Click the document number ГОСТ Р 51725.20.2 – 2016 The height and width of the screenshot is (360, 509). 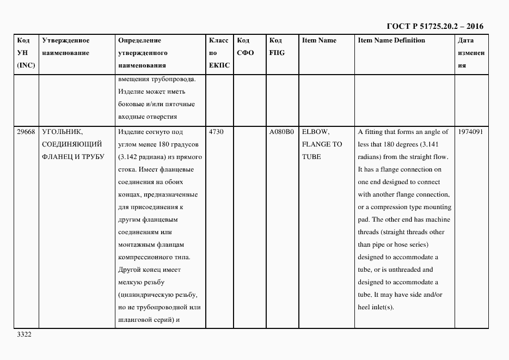click(434, 26)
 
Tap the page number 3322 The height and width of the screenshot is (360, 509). click(24, 334)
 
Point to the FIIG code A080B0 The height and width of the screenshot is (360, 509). click(281, 132)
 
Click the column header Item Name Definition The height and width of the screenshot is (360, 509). click(391, 41)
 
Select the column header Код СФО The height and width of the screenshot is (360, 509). click(245, 47)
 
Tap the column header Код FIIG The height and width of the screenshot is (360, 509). click(277, 47)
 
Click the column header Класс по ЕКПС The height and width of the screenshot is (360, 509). click(219, 53)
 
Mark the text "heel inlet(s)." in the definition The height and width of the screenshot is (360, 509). click(375, 308)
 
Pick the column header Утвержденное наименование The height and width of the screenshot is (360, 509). click(65, 47)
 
